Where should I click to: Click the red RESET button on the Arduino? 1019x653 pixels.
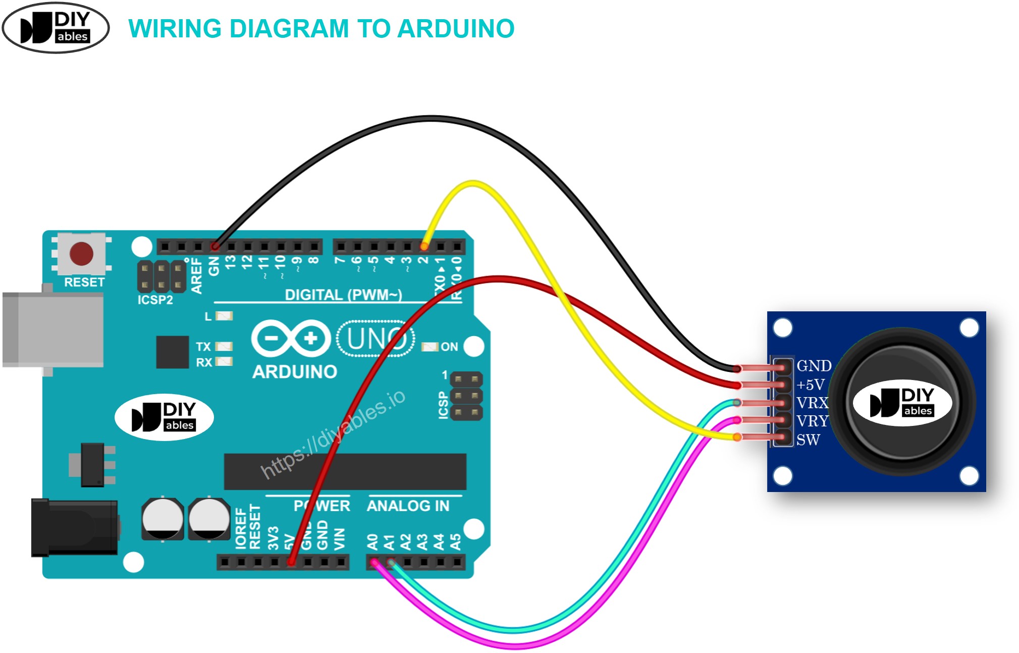click(x=81, y=253)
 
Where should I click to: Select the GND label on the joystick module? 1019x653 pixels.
click(x=813, y=366)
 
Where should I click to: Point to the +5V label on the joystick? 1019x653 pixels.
click(x=810, y=385)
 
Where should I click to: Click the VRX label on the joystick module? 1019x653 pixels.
click(x=812, y=403)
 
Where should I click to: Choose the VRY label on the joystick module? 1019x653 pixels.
click(x=812, y=421)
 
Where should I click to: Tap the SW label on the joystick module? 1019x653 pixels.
click(x=808, y=440)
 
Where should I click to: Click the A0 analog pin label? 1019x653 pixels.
click(x=372, y=541)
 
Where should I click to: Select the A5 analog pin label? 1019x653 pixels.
click(x=456, y=541)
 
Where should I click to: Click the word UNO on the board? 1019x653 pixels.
click(x=376, y=338)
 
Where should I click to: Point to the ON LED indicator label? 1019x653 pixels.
click(x=449, y=347)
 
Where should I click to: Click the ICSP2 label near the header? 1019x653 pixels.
click(x=155, y=300)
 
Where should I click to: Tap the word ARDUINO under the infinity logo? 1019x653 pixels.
click(x=295, y=372)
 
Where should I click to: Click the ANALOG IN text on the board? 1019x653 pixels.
click(x=408, y=506)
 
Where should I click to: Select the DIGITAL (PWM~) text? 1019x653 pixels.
click(x=343, y=295)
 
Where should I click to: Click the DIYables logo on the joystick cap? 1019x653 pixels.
click(x=902, y=403)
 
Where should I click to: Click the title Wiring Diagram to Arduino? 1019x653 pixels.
click(x=321, y=28)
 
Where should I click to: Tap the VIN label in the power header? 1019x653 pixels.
click(x=340, y=538)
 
